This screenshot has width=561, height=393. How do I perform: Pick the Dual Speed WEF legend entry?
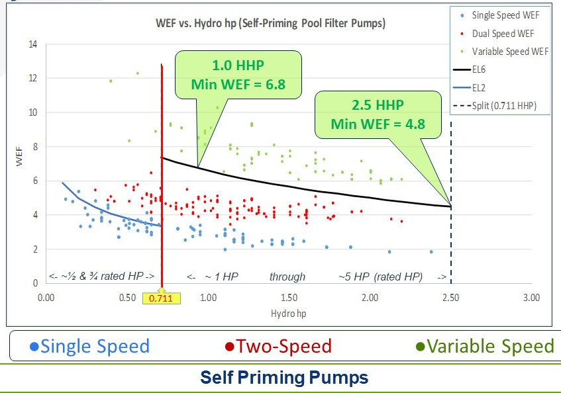(499, 33)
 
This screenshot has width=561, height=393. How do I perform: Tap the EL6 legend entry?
(480, 69)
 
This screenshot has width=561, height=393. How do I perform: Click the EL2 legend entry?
(480, 86)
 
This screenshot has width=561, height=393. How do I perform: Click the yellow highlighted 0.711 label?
(162, 298)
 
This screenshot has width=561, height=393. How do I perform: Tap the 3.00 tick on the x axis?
(531, 298)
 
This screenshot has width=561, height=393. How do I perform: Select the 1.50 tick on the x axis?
(289, 298)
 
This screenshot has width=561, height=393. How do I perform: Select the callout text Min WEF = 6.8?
(238, 84)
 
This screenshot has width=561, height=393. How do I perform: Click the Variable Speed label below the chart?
(484, 346)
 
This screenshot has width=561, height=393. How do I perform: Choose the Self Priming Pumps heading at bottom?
(284, 378)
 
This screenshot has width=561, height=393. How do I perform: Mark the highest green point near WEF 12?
(137, 73)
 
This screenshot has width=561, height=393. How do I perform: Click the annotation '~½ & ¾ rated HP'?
(102, 277)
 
